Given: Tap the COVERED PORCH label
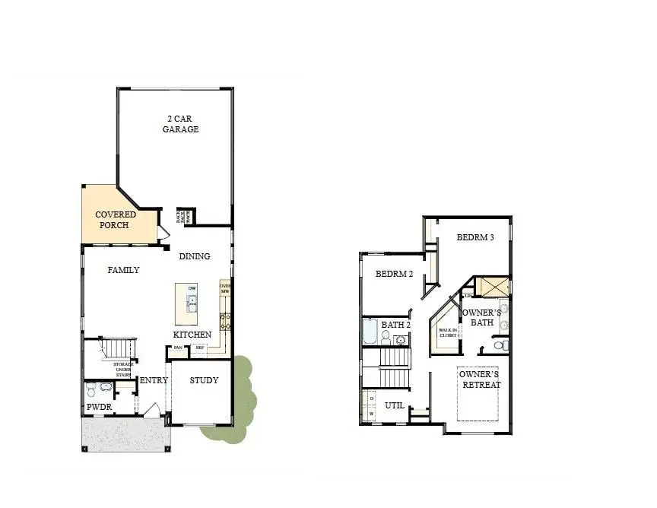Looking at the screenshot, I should click(x=116, y=220).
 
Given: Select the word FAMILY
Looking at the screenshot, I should click(x=123, y=270).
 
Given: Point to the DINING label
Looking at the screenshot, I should click(x=195, y=256).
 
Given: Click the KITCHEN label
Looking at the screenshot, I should click(x=192, y=335).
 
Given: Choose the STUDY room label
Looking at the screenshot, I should click(x=205, y=380).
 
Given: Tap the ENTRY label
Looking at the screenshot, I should click(x=154, y=380).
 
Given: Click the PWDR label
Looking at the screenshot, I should click(x=99, y=408).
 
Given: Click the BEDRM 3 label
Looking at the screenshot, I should click(x=475, y=237).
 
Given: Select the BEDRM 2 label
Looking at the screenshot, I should click(x=394, y=274).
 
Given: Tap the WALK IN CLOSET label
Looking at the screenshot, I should click(x=447, y=332).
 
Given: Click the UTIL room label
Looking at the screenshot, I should click(x=394, y=405).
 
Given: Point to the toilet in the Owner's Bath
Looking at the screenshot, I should click(x=499, y=346).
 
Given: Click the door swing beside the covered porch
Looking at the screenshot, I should click(x=162, y=233).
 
